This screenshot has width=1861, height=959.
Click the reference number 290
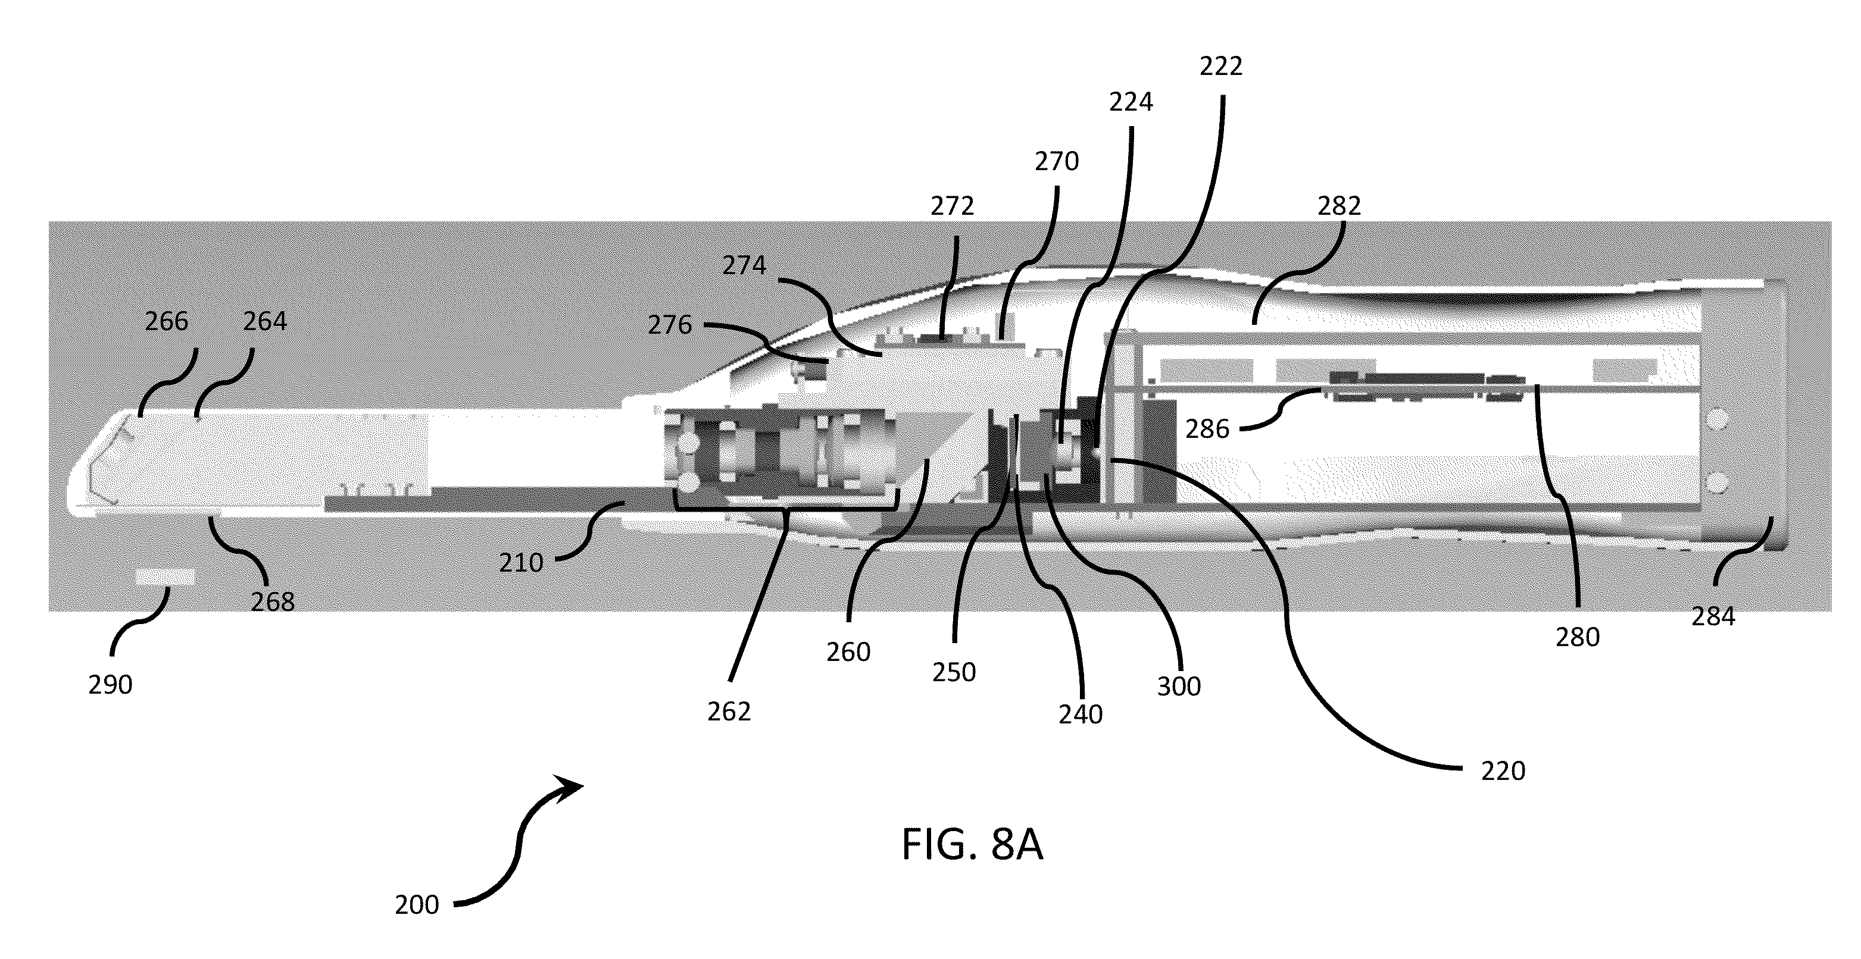(x=111, y=685)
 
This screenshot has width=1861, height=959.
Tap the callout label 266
(x=166, y=321)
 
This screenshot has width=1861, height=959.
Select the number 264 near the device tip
(x=264, y=321)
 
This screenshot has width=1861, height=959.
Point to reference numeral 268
(x=272, y=601)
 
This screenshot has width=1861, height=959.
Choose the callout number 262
(x=729, y=712)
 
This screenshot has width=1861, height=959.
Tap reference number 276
(x=670, y=325)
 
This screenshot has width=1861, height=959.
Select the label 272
(x=952, y=206)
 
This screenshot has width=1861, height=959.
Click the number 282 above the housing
(x=1339, y=206)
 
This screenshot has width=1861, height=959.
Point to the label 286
(x=1207, y=429)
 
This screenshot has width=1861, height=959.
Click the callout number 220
(x=1503, y=771)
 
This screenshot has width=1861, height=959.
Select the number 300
(x=1179, y=686)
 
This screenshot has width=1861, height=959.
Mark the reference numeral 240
(x=1081, y=714)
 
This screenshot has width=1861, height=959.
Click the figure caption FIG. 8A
(x=972, y=844)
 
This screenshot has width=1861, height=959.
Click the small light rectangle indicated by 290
(x=166, y=577)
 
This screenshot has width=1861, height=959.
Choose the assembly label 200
(x=417, y=905)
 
